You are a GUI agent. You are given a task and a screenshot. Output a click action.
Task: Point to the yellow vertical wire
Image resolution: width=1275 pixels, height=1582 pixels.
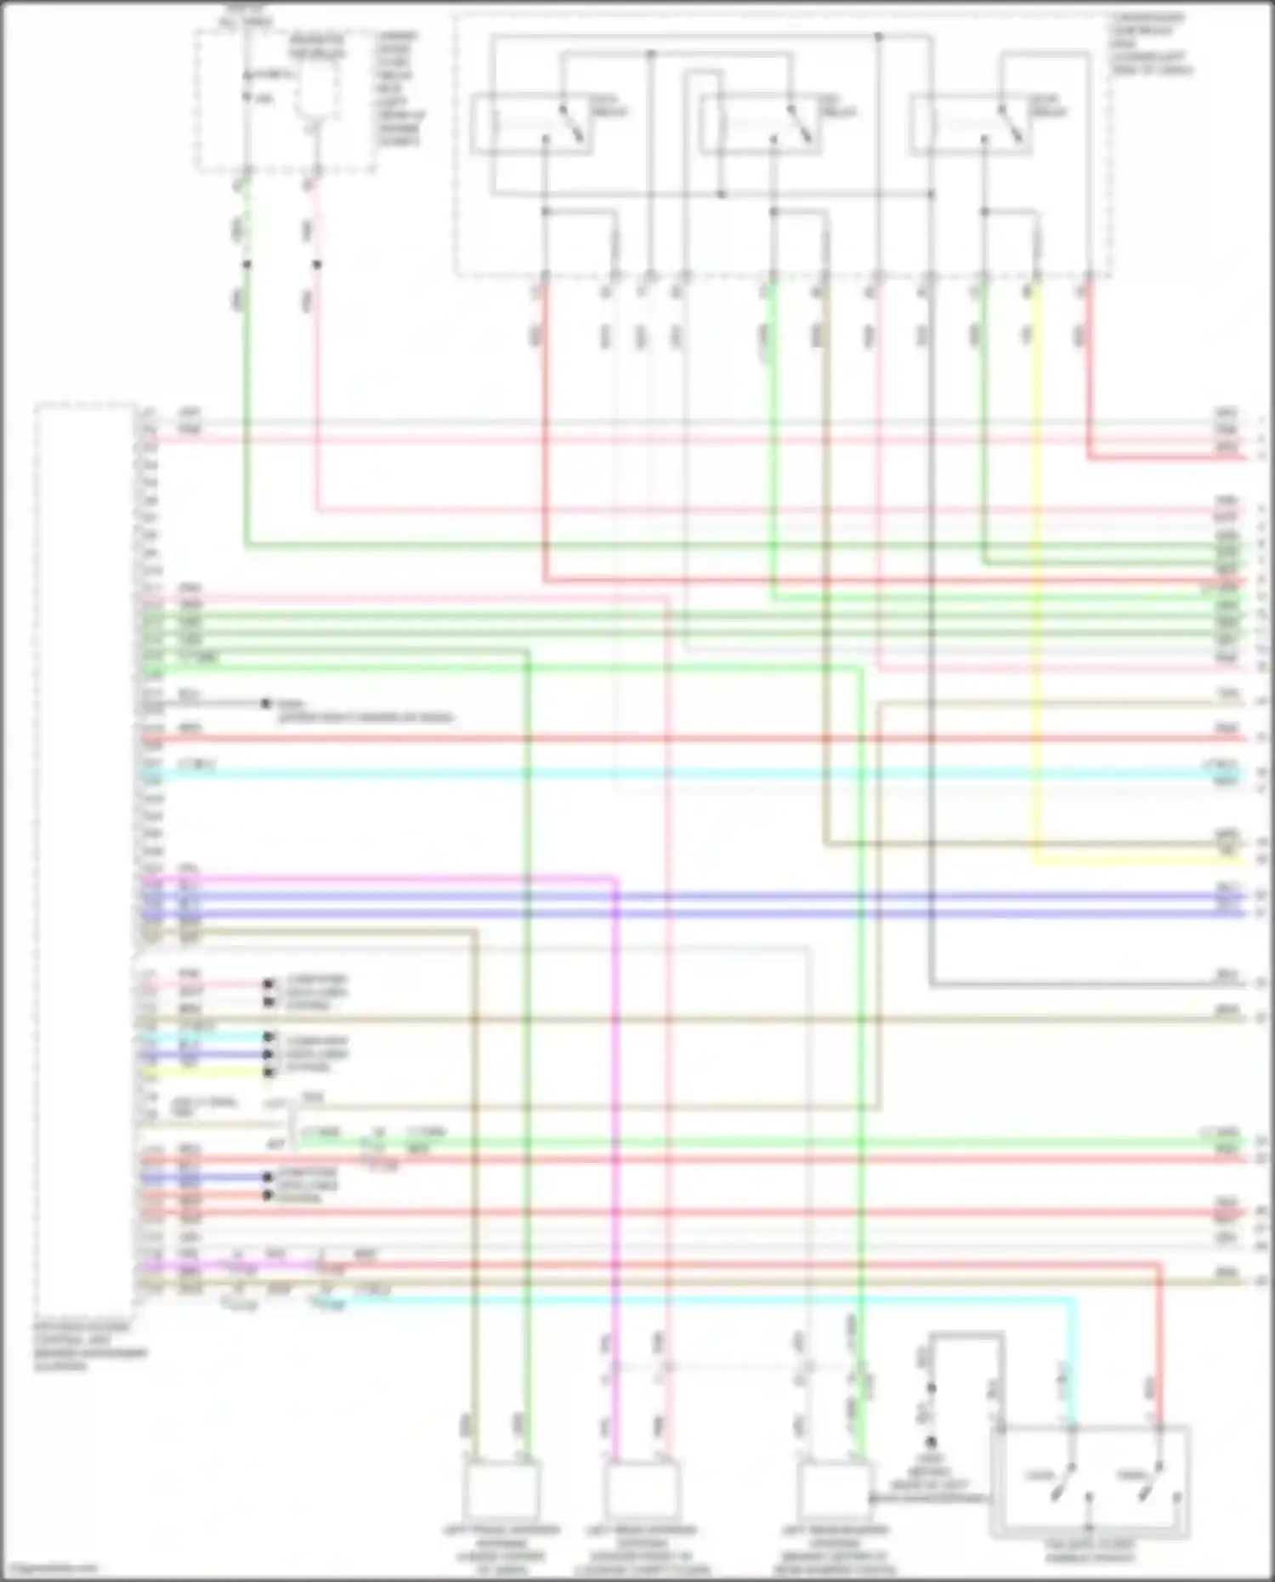(x=1036, y=595)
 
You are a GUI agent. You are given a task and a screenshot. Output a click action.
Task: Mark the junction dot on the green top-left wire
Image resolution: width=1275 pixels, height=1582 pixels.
(x=246, y=264)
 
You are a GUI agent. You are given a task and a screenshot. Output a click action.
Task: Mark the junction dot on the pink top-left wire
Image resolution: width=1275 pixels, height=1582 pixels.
(x=317, y=264)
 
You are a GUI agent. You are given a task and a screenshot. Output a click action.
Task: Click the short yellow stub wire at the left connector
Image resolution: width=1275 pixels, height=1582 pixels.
(x=204, y=1073)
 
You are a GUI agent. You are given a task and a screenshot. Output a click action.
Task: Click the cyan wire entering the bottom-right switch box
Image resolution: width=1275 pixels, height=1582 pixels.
(x=1073, y=1360)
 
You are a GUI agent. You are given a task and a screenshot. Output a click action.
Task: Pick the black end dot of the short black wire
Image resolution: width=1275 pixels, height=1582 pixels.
(x=265, y=704)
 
